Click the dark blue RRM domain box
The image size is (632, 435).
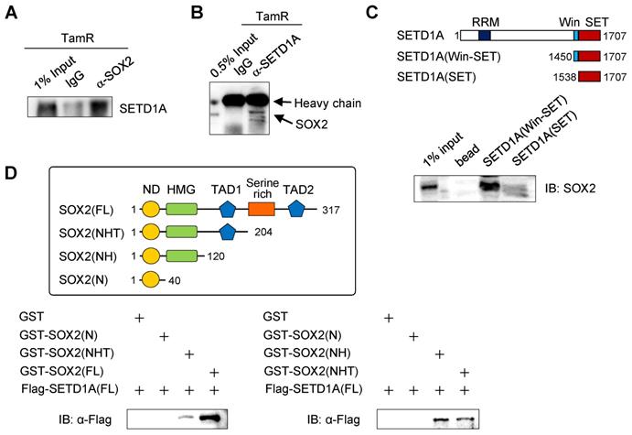pos(484,35)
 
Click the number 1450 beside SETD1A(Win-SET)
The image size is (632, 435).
pos(559,56)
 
